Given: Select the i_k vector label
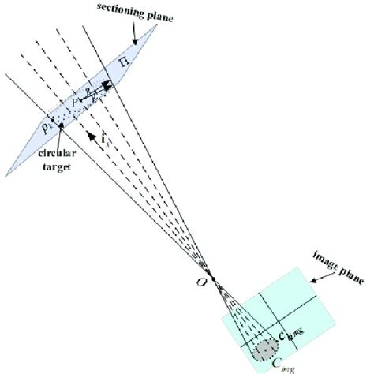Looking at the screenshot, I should tap(84, 138).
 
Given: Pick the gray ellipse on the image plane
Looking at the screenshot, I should tap(268, 345).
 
